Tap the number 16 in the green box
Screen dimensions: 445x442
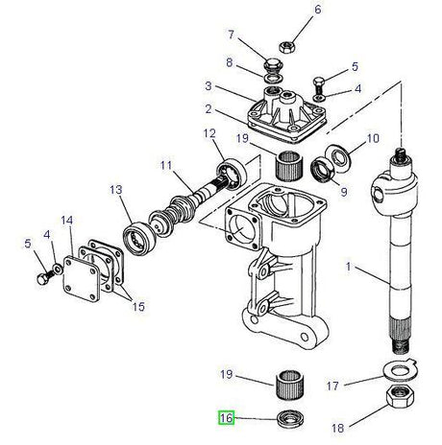point(226,418)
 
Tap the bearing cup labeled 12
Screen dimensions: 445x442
point(231,172)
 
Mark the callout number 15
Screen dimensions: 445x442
point(140,306)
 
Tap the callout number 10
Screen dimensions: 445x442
point(374,138)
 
